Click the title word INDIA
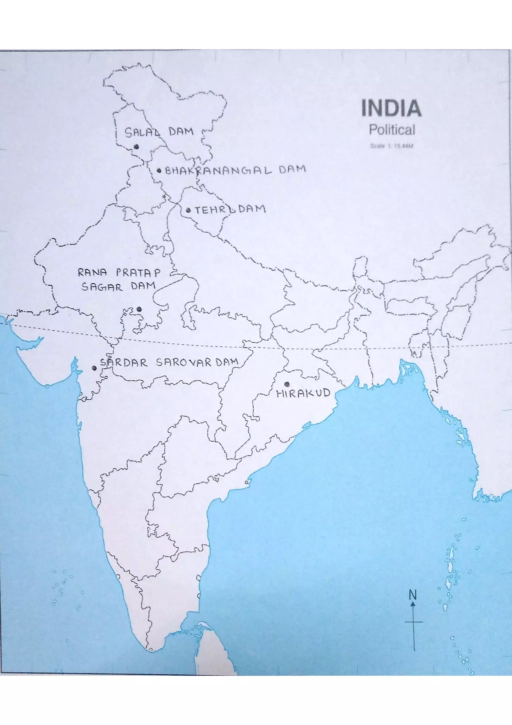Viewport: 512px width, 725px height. pyautogui.click(x=391, y=108)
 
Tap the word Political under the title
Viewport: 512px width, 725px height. pyautogui.click(x=392, y=130)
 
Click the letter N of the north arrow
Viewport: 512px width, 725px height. pyautogui.click(x=412, y=595)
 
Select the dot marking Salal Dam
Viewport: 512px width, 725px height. pyautogui.click(x=136, y=147)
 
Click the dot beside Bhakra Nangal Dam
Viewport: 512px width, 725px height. pyautogui.click(x=159, y=171)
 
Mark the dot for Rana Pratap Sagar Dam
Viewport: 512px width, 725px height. pyautogui.click(x=139, y=309)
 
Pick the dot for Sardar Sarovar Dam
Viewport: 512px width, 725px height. pyautogui.click(x=94, y=368)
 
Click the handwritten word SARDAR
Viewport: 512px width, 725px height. pyautogui.click(x=124, y=363)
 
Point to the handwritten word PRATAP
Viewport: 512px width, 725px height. pyautogui.click(x=138, y=272)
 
